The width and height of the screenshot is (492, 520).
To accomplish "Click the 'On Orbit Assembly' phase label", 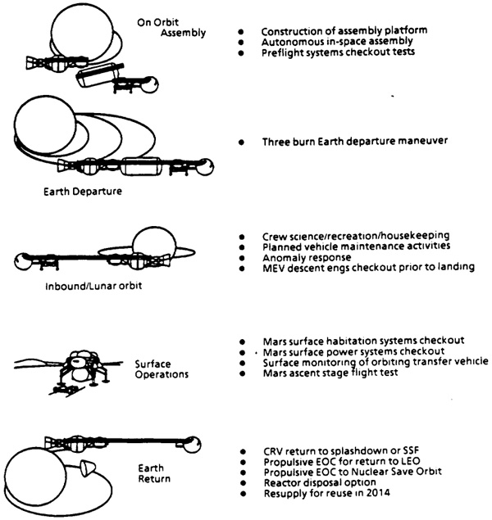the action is [171, 28].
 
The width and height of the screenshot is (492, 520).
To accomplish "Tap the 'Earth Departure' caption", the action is [83, 192].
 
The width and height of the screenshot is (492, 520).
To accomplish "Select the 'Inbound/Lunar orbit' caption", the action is [93, 286].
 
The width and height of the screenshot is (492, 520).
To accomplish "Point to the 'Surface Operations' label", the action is [162, 369].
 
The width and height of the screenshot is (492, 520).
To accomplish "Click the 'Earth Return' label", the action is [154, 473].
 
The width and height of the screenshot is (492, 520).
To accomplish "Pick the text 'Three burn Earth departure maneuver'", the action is [355, 142].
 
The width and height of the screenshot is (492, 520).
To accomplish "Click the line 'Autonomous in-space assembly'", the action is [337, 42].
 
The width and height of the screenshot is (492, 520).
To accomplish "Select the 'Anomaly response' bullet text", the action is [307, 258].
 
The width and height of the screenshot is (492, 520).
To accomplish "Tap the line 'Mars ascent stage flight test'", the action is [330, 373].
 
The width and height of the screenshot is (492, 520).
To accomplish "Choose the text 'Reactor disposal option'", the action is [320, 482].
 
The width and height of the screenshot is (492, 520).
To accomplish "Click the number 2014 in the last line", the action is [378, 492].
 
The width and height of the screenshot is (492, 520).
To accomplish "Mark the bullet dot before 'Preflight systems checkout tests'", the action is [241, 53].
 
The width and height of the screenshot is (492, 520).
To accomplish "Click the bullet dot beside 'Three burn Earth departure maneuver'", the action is [241, 142].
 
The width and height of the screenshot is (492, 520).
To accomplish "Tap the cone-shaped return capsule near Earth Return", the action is [87, 468].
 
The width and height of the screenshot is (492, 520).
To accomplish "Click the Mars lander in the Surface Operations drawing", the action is [82, 368].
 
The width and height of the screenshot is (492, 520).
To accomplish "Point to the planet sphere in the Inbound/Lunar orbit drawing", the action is [154, 244].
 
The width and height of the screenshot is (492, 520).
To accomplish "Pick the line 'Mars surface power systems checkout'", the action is [353, 351].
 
